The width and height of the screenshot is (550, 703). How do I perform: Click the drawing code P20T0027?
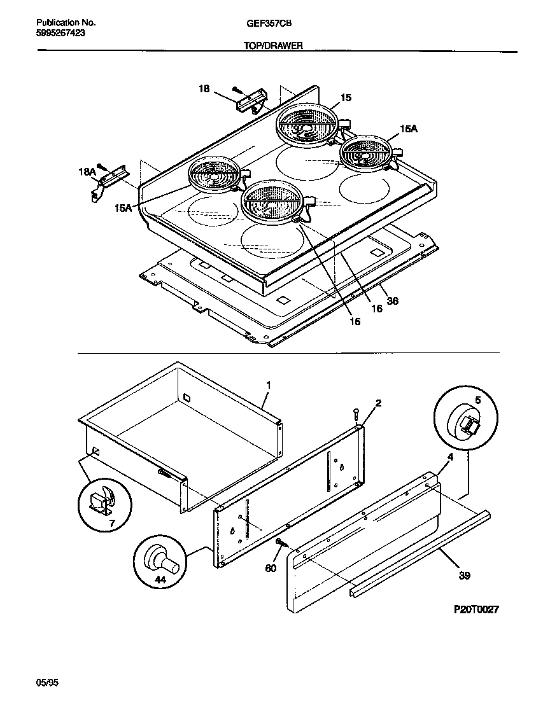click(x=476, y=609)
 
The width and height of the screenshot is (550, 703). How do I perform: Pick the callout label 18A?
click(x=87, y=172)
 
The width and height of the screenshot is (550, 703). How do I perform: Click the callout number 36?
click(x=393, y=301)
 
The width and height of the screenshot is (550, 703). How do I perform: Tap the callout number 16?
click(x=376, y=309)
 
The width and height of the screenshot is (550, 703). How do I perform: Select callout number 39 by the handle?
click(x=464, y=576)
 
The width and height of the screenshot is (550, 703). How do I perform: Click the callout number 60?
click(x=271, y=568)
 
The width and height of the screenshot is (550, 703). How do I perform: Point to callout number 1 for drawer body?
click(x=268, y=386)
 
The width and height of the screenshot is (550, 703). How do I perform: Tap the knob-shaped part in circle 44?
click(x=161, y=560)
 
